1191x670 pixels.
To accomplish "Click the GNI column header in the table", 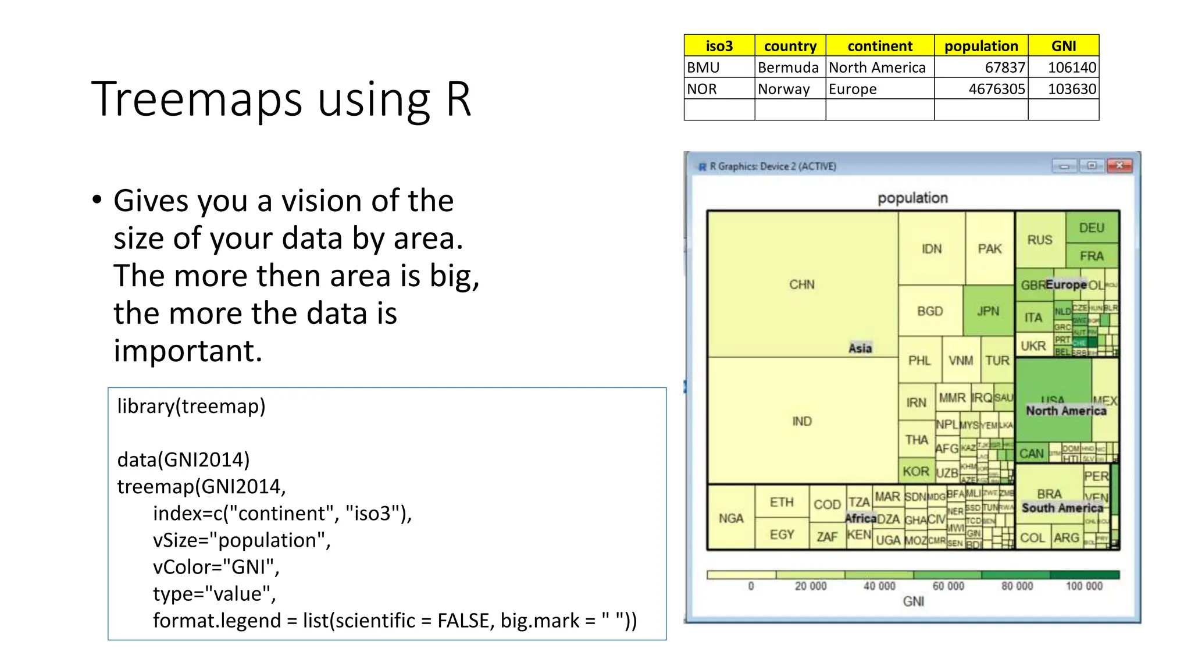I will tap(1063, 46).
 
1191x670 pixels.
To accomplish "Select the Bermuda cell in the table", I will tap(788, 67).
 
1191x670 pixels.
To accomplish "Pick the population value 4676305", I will tap(996, 89).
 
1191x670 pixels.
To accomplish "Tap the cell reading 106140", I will tap(1071, 67).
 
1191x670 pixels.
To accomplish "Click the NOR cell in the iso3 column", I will tap(702, 89).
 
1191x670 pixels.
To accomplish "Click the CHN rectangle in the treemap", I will tap(801, 284).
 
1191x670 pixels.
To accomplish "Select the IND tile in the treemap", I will tap(801, 421).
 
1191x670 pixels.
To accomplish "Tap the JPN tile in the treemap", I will tap(988, 311).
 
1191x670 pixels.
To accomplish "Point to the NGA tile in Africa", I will tap(730, 518).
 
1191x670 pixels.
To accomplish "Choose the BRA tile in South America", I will tap(1049, 493).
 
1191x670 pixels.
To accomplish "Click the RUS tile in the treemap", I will tap(1039, 240).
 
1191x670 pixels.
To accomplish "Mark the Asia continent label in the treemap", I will tap(860, 348).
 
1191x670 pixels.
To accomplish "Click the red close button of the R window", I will tap(1119, 166).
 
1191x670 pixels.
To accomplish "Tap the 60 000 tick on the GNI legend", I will tap(948, 586).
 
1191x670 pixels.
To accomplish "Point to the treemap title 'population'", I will tap(912, 198).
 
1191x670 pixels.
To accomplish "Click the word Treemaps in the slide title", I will tap(197, 99).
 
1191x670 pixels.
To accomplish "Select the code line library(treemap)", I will tap(191, 406).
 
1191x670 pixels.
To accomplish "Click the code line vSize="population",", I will tap(241, 540).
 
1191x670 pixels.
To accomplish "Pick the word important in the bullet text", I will tap(187, 351).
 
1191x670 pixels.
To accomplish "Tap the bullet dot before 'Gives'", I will tap(97, 200).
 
